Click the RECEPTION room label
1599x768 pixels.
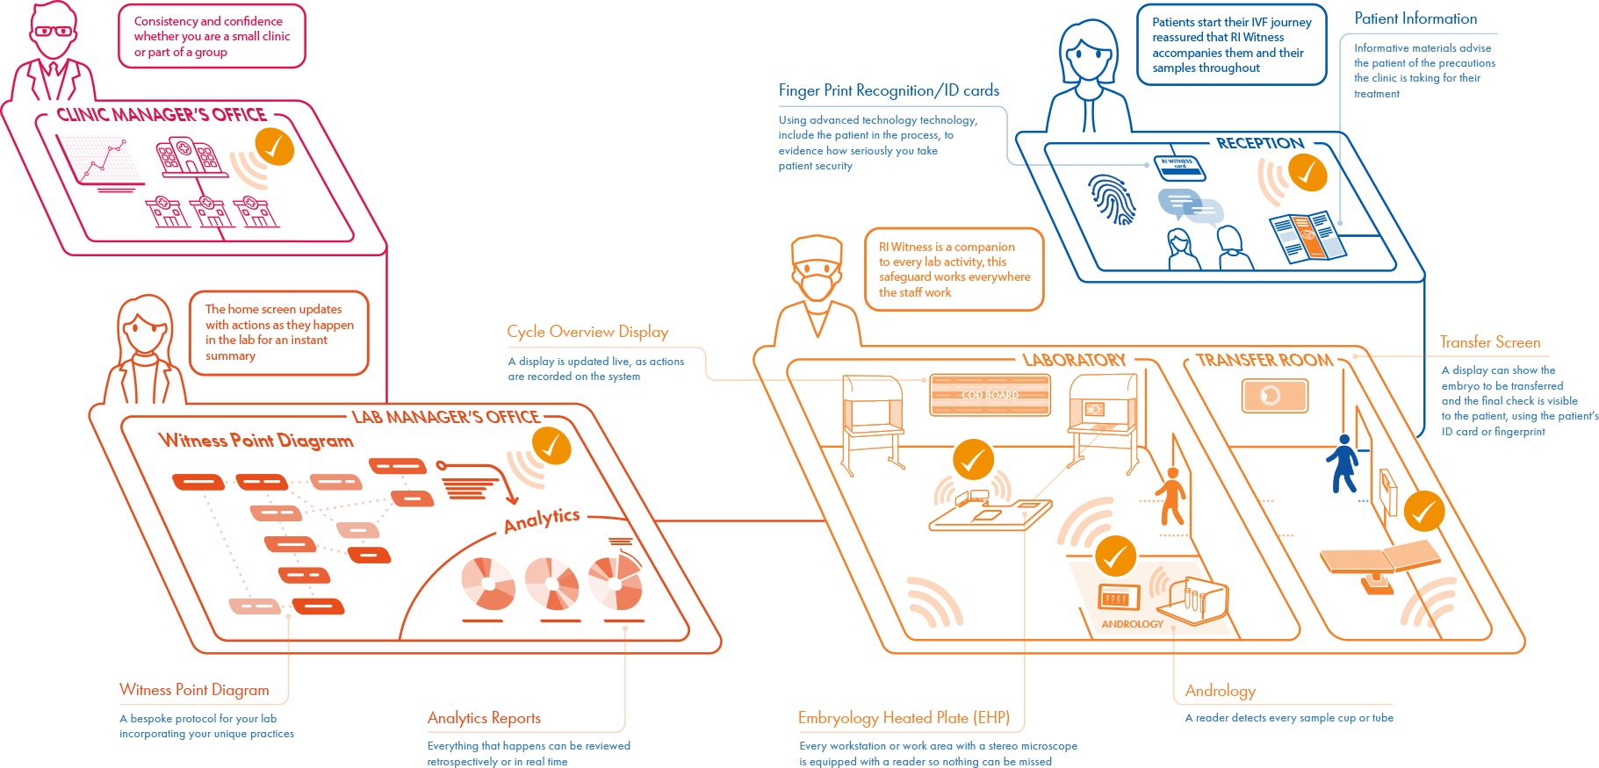click(x=1259, y=143)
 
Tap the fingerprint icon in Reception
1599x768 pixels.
click(x=1113, y=198)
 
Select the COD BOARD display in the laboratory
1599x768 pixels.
click(x=990, y=395)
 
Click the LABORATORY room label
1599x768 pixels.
click(x=1074, y=361)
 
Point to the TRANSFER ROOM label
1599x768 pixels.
click(x=1264, y=361)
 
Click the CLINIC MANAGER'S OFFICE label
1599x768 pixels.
click(x=162, y=116)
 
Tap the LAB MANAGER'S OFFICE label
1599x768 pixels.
click(x=446, y=418)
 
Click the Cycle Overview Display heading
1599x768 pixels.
click(x=587, y=332)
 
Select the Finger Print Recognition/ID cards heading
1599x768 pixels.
click(x=889, y=90)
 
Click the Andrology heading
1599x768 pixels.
click(x=1220, y=691)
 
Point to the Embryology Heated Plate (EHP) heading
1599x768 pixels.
click(x=904, y=718)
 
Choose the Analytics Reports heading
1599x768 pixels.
click(x=484, y=718)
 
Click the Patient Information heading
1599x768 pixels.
click(x=1415, y=18)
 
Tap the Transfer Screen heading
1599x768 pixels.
click(x=1489, y=342)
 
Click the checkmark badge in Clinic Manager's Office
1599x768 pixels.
click(x=274, y=147)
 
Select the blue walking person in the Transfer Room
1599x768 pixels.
click(x=1343, y=463)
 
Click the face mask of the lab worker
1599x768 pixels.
click(x=818, y=285)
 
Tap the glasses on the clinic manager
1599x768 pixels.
click(x=54, y=32)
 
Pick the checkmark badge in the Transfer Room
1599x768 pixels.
click(x=1423, y=511)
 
